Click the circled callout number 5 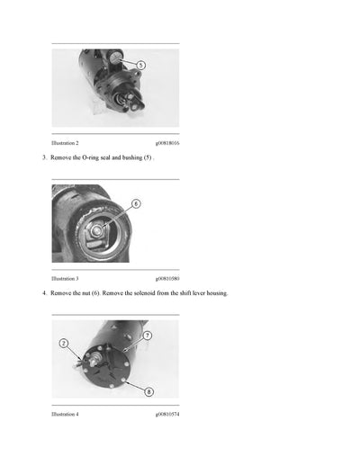(x=140, y=65)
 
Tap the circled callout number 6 (x=136, y=203)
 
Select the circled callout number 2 (x=64, y=343)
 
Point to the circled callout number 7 (x=147, y=335)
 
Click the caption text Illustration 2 (x=65, y=143)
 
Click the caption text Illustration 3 (x=65, y=279)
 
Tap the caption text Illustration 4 (x=65, y=414)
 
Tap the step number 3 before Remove (x=44, y=157)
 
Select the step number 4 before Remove (x=44, y=293)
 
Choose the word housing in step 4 (x=215, y=293)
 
